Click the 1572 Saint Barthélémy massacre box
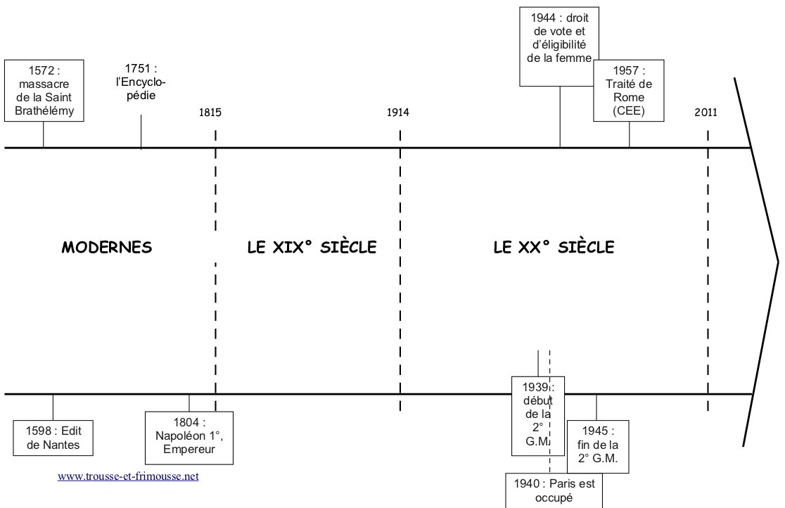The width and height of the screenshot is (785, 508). [x=44, y=91]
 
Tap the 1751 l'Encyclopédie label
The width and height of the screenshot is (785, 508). [x=141, y=82]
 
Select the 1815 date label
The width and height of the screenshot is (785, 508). [x=210, y=113]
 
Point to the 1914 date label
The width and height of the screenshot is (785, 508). [x=397, y=113]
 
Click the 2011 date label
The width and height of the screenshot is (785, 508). [x=706, y=113]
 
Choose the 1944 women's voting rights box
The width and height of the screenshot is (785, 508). [x=560, y=46]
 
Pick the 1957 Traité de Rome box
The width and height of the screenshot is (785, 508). [x=629, y=91]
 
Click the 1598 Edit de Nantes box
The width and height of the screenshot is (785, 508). [x=53, y=438]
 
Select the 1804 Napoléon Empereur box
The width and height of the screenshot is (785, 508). [x=189, y=437]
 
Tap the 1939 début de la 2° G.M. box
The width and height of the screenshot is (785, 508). [x=538, y=415]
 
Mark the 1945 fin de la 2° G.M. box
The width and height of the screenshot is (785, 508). [x=597, y=446]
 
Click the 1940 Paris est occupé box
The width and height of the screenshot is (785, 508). [x=554, y=490]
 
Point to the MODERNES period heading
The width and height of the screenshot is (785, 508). [x=107, y=248]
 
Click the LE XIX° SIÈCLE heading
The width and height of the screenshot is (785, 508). [x=312, y=248]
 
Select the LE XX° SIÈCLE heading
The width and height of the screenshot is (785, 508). [x=554, y=248]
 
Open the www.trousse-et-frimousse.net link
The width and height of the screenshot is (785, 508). [x=128, y=476]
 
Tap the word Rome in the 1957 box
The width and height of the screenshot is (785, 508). [x=628, y=97]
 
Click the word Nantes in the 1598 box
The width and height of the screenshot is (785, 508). [x=53, y=445]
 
